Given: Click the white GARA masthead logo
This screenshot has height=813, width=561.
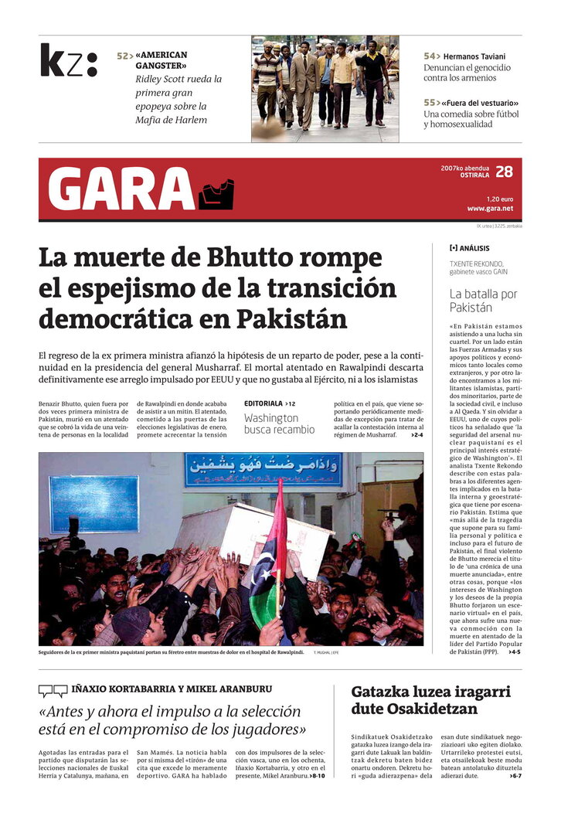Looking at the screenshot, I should click(121, 189).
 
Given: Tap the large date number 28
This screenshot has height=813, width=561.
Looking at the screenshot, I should click(504, 172).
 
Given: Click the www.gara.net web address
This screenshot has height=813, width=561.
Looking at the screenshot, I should click(489, 209).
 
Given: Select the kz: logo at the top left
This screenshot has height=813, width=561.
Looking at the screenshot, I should click(69, 60).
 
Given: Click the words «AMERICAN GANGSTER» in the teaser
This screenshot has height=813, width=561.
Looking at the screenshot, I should click(162, 61).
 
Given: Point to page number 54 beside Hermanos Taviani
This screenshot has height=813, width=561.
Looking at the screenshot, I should click(430, 56).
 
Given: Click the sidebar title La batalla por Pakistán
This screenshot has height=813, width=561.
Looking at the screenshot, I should click(483, 301).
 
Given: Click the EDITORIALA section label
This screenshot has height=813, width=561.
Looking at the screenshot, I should click(263, 403).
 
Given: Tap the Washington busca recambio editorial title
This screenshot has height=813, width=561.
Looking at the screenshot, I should click(279, 424).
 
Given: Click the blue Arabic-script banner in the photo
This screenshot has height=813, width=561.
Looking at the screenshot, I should click(263, 469).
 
